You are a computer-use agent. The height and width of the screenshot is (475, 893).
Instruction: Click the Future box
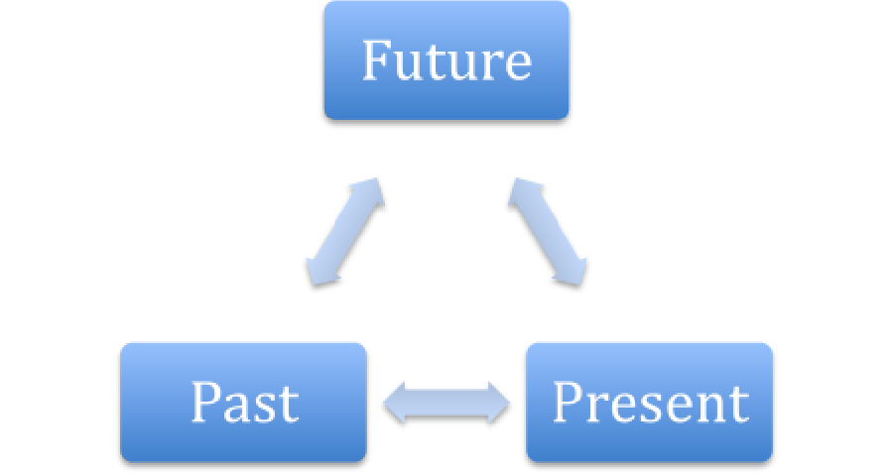[446, 60]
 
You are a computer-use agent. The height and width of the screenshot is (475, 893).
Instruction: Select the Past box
[243, 403]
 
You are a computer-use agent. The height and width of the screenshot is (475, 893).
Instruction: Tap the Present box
[649, 403]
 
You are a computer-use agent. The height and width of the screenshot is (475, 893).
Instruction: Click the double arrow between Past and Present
[446, 403]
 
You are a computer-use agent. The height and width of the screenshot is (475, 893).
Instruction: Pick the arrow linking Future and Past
[345, 231]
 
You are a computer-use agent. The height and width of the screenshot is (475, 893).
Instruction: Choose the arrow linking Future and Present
[548, 231]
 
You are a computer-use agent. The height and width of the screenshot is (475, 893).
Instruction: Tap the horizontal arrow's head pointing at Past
[394, 403]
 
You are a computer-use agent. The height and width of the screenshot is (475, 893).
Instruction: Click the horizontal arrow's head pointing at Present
[499, 403]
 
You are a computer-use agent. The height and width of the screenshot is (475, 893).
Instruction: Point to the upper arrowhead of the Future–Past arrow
[369, 191]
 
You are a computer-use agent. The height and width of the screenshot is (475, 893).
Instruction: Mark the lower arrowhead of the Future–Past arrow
[321, 272]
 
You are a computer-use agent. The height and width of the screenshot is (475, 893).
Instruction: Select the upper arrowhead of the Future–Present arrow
[523, 191]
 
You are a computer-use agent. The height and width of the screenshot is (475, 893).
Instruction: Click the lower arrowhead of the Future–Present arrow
[572, 272]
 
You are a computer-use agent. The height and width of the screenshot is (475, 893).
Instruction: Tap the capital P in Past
[205, 402]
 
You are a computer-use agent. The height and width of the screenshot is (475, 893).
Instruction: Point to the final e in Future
[518, 66]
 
